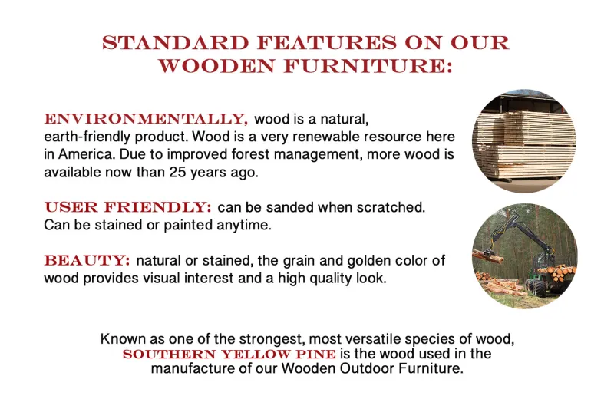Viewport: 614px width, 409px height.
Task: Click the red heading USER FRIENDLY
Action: [x=127, y=207]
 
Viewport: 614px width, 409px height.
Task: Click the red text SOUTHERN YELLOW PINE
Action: [x=229, y=354]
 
